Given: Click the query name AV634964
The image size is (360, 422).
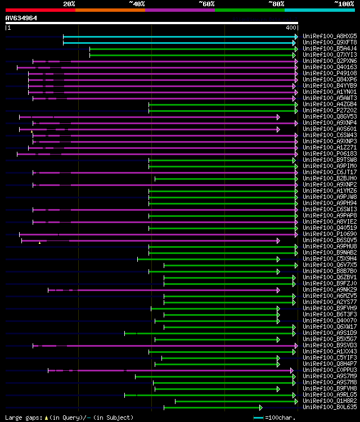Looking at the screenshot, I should (x=21, y=18).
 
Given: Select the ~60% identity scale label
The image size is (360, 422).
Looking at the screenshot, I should (x=206, y=3).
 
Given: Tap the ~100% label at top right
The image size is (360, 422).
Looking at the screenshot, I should (x=344, y=3).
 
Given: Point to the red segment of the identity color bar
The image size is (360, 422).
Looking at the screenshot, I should (x=40, y=10).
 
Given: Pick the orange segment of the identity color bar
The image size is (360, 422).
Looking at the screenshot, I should (x=110, y=10).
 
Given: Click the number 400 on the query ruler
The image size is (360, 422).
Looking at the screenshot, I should (x=291, y=28).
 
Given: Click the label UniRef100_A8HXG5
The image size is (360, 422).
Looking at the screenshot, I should (x=330, y=36).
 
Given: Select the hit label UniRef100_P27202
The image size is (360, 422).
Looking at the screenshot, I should (x=330, y=111).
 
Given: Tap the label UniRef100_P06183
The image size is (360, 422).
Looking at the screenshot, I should (x=330, y=154).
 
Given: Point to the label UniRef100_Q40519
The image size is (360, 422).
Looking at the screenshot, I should (x=330, y=228).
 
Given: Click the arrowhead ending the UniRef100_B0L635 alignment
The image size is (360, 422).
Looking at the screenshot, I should (x=260, y=407).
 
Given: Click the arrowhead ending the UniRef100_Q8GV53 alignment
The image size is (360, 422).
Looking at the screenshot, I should (x=278, y=117).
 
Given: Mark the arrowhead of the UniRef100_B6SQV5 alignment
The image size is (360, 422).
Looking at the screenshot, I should (x=278, y=241).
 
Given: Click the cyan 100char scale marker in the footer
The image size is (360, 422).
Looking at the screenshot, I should (x=258, y=418).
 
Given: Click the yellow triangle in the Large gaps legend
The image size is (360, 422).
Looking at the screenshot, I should (x=46, y=418).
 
